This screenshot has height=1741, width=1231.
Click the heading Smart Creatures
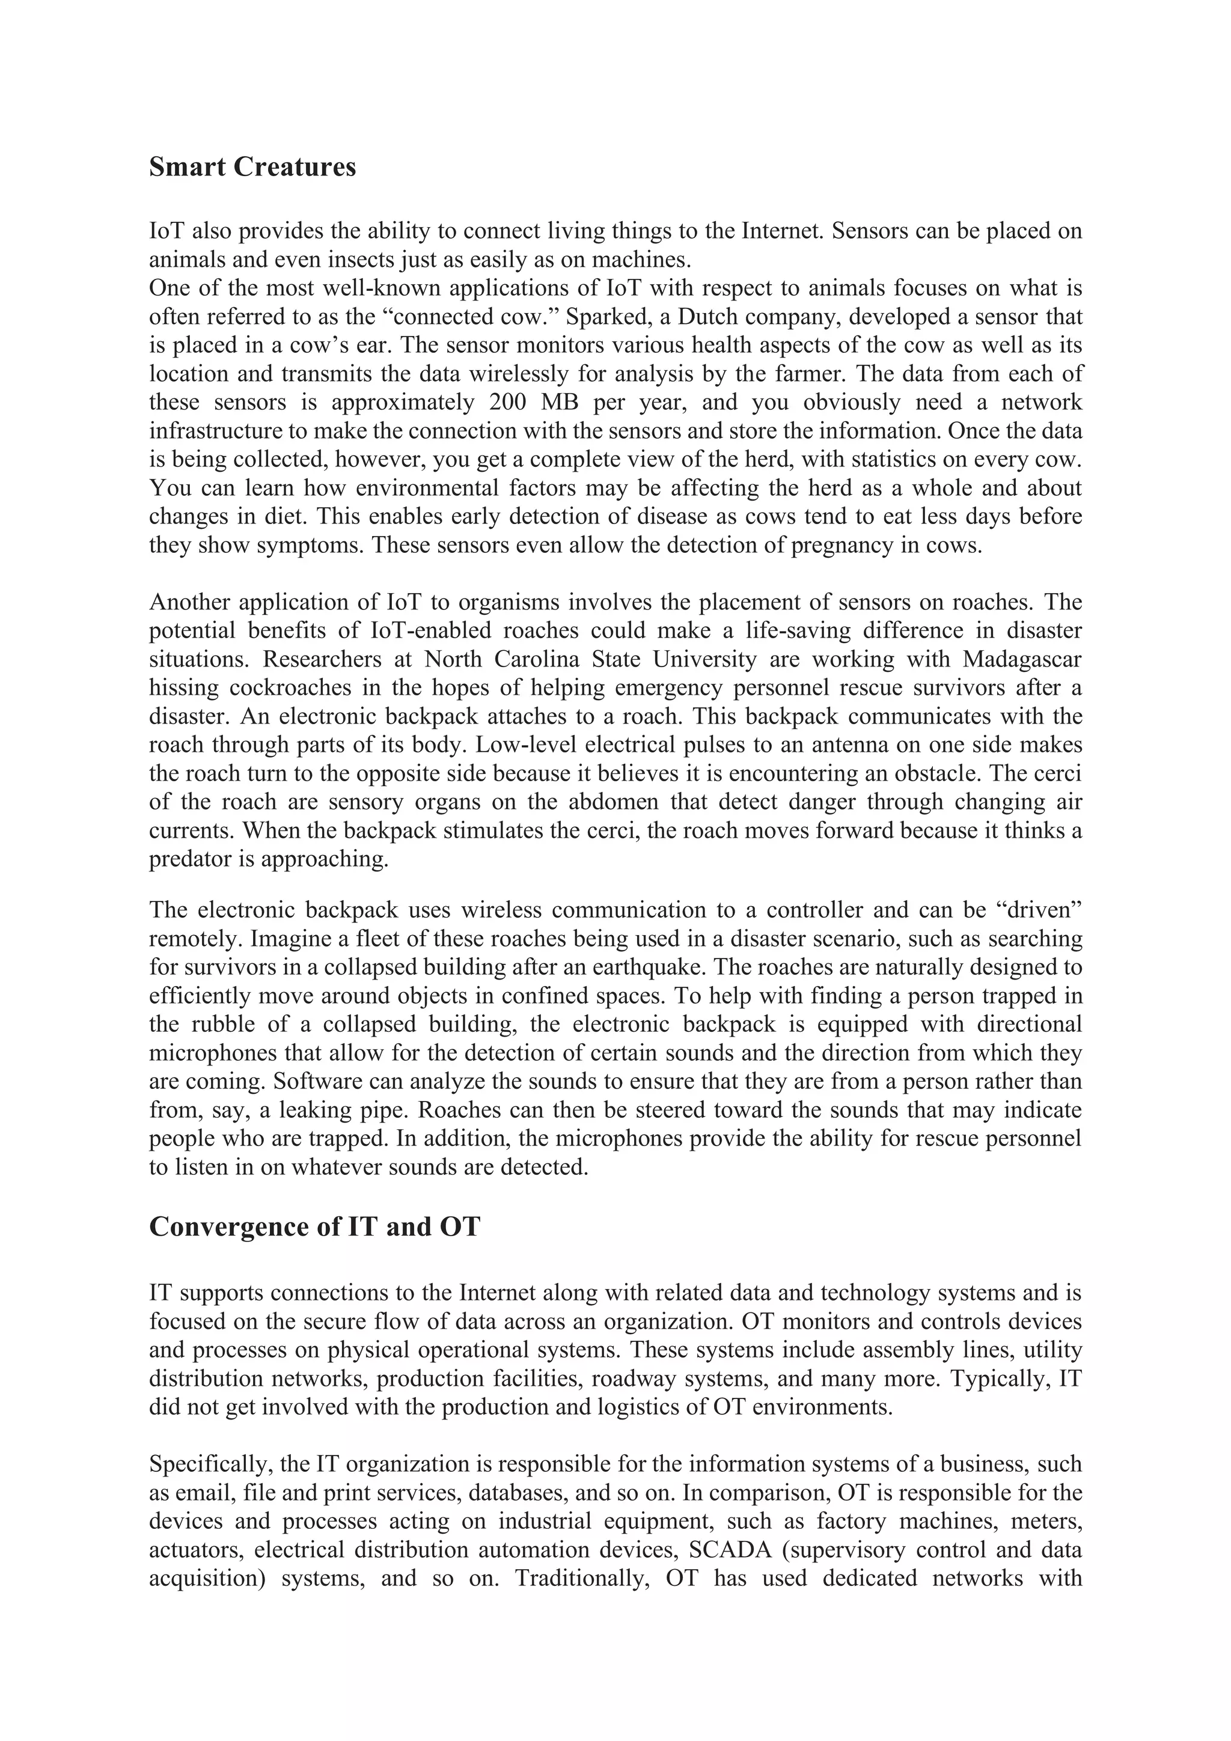click(252, 167)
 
